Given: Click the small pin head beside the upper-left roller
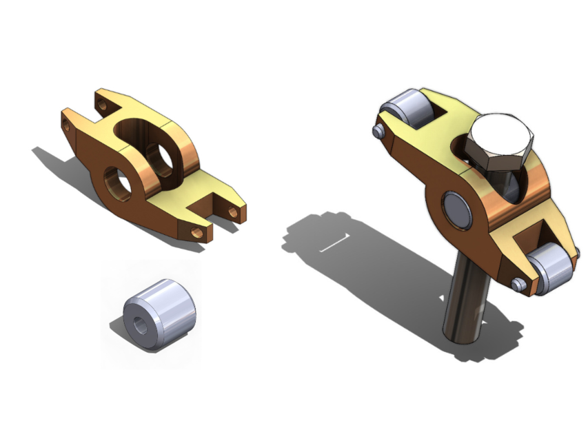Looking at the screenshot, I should (x=378, y=130).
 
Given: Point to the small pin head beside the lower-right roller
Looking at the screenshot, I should (x=519, y=283).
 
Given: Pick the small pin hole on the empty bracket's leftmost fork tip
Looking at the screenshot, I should (x=67, y=124).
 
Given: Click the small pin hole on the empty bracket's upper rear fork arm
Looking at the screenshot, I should (x=103, y=105).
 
